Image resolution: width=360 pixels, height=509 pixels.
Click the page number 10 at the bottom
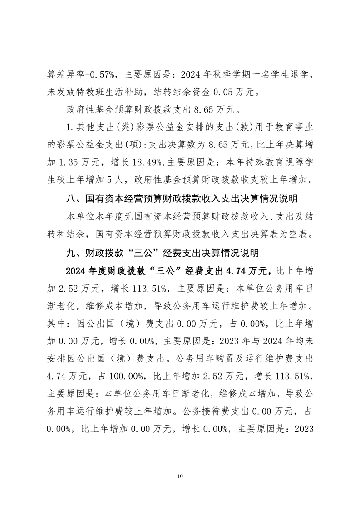click(180, 476)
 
